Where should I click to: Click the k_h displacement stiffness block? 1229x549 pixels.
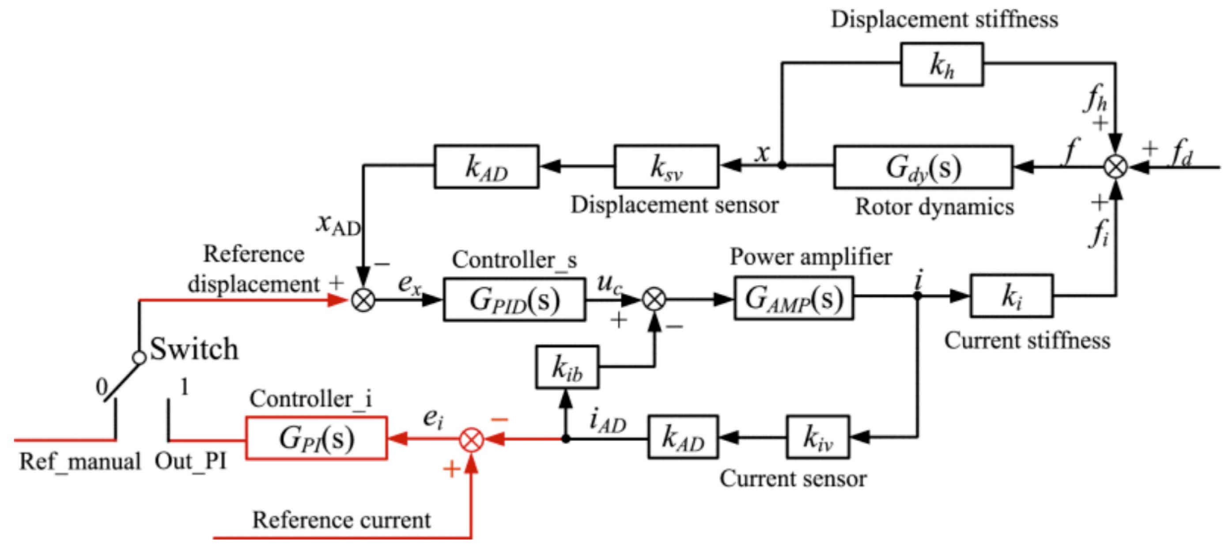(x=942, y=64)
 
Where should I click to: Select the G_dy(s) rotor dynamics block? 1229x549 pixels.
(x=923, y=167)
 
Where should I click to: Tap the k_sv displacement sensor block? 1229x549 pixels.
(x=666, y=167)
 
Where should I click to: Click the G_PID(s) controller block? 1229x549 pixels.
(x=514, y=300)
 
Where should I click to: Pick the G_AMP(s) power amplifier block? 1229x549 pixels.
(x=794, y=298)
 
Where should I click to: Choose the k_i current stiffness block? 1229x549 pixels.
(x=1011, y=295)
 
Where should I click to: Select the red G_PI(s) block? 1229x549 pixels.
(x=316, y=438)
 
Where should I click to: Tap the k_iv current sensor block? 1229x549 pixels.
(x=818, y=437)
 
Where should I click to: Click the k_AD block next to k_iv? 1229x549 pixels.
(x=683, y=437)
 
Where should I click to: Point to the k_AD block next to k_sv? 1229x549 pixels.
(x=487, y=167)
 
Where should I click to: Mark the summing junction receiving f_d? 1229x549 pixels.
(x=1116, y=167)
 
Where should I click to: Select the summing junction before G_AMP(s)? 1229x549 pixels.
(x=654, y=300)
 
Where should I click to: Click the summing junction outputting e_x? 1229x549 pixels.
(x=363, y=300)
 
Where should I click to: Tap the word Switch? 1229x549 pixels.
(x=194, y=349)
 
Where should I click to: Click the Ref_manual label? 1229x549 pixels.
(x=79, y=461)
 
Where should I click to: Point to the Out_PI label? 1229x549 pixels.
(x=190, y=461)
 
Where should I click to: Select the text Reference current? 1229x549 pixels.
(x=341, y=519)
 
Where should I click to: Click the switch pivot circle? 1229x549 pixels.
(x=139, y=358)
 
